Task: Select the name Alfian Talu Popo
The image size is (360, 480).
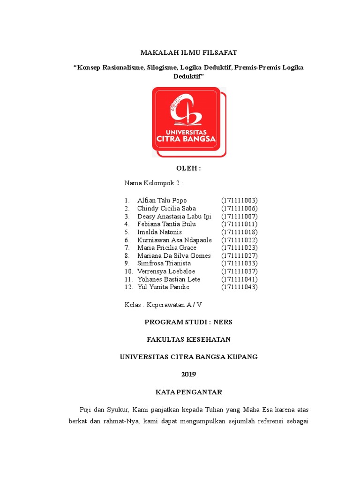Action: (162, 201)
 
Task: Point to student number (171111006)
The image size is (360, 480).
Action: (240, 209)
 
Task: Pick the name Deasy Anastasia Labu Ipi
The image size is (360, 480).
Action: (174, 217)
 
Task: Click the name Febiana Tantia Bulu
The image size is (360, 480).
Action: (167, 225)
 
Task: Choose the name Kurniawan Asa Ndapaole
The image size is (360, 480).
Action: (174, 240)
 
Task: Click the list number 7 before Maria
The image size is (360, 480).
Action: (127, 248)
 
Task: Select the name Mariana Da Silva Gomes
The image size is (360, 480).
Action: (174, 256)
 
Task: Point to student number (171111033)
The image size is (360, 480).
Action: (240, 263)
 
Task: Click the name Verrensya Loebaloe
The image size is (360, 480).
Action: (166, 271)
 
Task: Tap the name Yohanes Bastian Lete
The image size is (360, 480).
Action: (169, 279)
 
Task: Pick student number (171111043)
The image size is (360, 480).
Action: (240, 287)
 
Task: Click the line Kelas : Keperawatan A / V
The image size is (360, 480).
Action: (163, 305)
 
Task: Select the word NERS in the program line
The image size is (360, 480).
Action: (223, 322)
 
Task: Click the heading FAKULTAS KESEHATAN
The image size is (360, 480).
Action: (188, 339)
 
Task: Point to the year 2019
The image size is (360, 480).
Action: (188, 374)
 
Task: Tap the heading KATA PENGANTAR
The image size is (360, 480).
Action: (188, 392)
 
